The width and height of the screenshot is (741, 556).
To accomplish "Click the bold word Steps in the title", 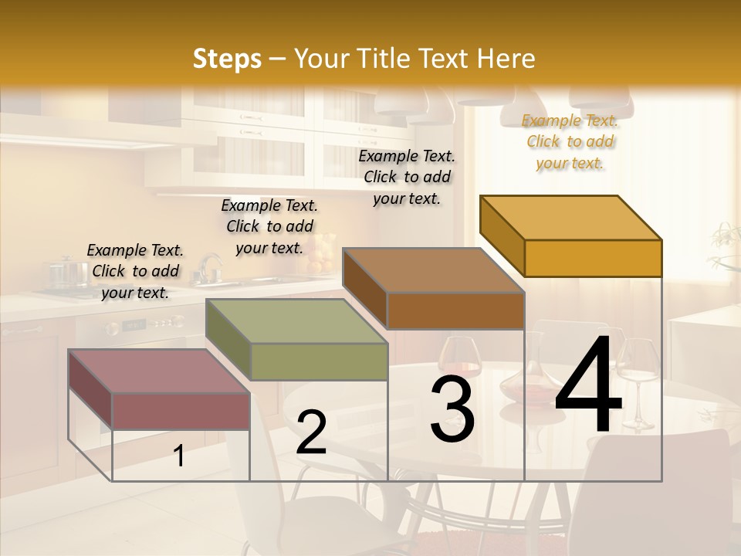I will coord(226,59).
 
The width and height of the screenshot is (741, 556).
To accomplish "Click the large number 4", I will coord(589,386).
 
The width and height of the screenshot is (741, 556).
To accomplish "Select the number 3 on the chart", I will coord(452,409).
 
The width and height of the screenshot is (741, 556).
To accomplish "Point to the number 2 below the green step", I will coord(311,432).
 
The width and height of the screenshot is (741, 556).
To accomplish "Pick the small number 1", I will coord(179,456).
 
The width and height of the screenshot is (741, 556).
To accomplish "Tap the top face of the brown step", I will coord(433,270).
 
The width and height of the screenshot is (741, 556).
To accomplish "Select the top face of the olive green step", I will coord(296,321).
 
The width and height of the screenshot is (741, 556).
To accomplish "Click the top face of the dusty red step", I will coord(158,371).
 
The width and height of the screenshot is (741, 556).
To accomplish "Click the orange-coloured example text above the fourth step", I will coord(570,141).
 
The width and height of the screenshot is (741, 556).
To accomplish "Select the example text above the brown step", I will coord(407,177).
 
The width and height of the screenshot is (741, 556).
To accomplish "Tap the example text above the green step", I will coord(269,226).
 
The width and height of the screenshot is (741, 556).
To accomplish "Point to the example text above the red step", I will coord(135,271).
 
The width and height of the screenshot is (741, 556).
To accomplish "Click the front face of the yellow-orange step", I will coord(593,258).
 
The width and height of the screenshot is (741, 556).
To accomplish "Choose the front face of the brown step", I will coord(455,310).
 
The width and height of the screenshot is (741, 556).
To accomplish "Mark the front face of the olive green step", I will coord(319,361).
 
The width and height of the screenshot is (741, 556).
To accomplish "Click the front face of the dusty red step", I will coord(181,411).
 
